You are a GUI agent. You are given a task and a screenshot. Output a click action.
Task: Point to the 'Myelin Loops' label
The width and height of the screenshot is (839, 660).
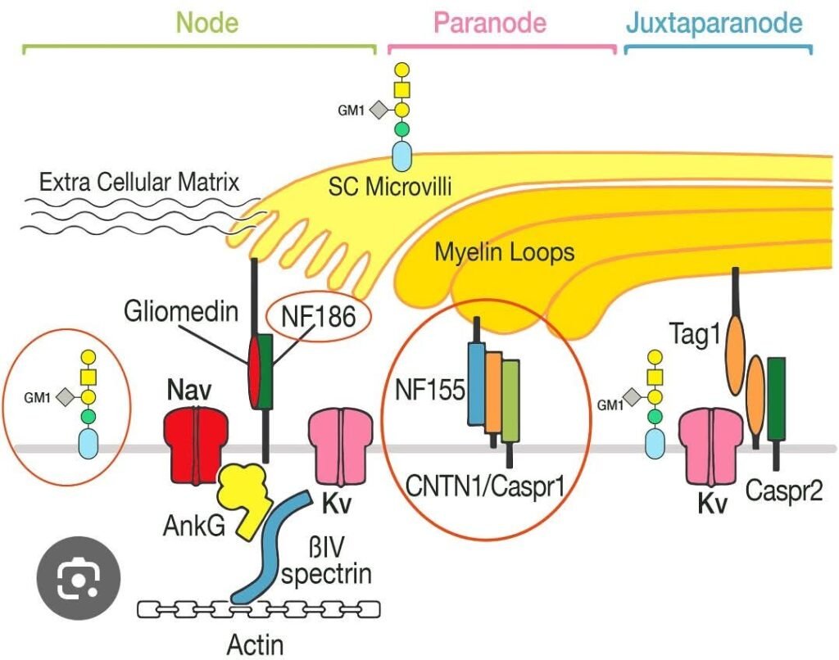click(x=505, y=252)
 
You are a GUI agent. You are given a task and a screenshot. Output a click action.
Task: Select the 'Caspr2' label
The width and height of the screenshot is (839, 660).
click(x=784, y=491)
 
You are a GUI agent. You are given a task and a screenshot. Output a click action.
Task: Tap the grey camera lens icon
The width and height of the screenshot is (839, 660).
click(x=79, y=578)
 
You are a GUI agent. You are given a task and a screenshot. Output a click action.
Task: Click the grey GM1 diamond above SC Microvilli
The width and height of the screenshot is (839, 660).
click(x=378, y=110)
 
